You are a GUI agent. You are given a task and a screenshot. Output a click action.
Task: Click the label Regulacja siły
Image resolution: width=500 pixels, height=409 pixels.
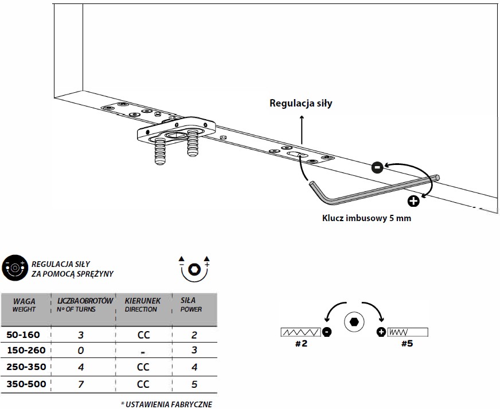(301, 104)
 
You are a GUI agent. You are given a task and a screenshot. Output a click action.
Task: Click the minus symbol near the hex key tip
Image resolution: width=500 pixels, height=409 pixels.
(377, 167)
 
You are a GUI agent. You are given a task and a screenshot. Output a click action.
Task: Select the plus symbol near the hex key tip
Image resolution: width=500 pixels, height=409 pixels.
(413, 200)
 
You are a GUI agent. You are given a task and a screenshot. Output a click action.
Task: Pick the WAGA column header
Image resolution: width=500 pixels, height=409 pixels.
(24, 305)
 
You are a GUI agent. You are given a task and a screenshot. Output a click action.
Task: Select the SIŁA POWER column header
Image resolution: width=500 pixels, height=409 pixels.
(191, 305)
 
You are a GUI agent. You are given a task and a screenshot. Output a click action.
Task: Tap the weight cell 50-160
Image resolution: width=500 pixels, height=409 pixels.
(25, 335)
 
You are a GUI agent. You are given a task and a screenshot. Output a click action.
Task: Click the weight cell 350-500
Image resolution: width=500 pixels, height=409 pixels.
(25, 384)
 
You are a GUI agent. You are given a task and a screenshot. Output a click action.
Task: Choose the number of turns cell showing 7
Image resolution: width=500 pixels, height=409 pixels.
(81, 384)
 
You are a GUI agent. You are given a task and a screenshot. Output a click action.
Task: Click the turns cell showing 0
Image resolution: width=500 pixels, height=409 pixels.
(81, 351)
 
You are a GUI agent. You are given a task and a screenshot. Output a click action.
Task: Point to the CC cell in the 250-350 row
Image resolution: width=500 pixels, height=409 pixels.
(143, 367)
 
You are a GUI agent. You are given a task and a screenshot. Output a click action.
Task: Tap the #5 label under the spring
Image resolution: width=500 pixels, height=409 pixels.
(407, 344)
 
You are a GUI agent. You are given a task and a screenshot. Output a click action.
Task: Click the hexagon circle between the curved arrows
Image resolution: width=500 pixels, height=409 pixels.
(353, 323)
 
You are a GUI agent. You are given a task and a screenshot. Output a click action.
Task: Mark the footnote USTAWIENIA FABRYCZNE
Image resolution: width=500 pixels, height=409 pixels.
(166, 404)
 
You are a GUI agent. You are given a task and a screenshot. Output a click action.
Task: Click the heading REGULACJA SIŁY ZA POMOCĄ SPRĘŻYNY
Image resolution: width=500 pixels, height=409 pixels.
(72, 269)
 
